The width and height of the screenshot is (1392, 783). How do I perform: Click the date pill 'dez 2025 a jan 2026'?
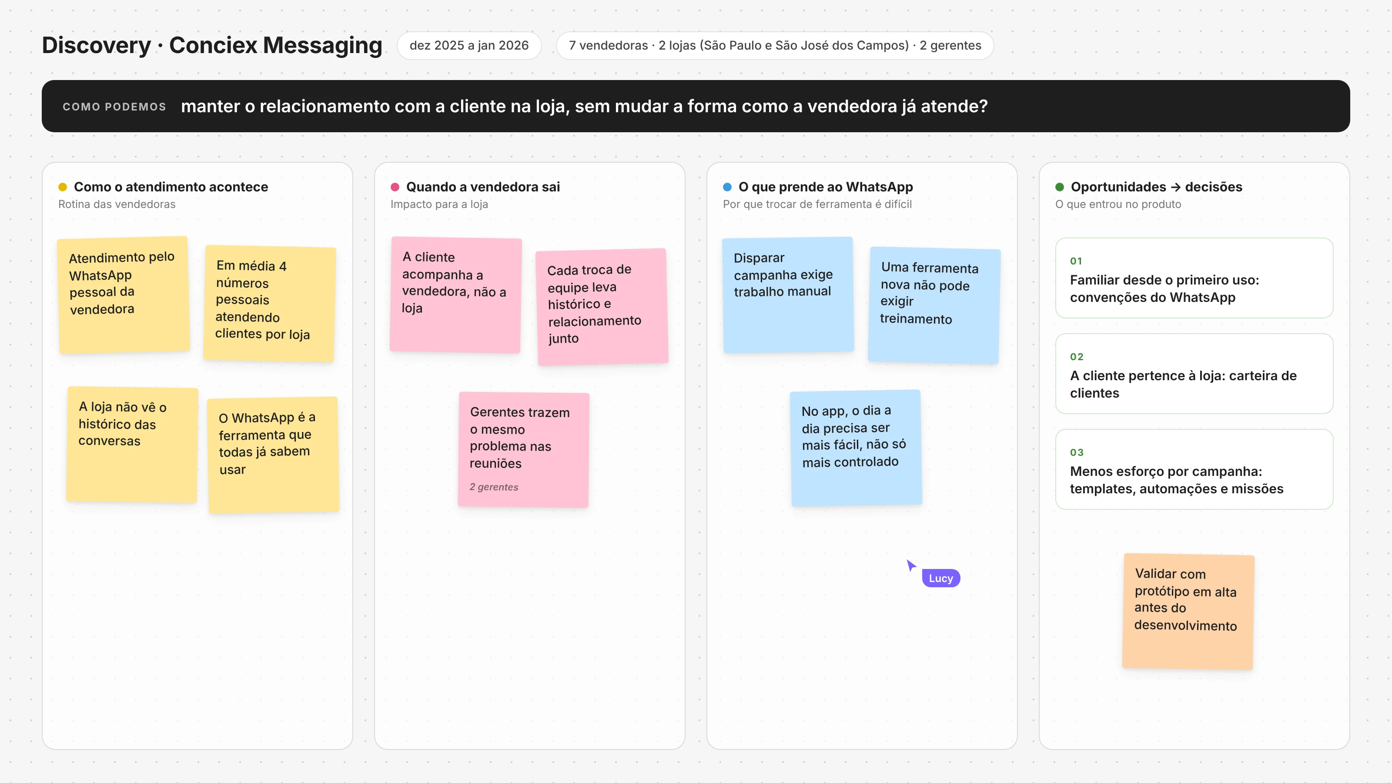[x=469, y=45]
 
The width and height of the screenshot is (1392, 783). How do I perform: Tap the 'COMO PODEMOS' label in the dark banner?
[x=114, y=107]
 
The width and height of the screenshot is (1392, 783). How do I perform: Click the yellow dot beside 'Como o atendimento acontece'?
[x=63, y=187]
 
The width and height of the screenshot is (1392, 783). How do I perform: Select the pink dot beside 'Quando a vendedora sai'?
[x=395, y=187]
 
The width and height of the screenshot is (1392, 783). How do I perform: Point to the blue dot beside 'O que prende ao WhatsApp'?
[x=727, y=187]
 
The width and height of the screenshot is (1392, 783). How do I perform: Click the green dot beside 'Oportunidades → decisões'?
[x=1060, y=187]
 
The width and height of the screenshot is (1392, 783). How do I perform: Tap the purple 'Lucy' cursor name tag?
[x=941, y=578]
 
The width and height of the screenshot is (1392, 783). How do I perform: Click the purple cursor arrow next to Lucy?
[x=910, y=565]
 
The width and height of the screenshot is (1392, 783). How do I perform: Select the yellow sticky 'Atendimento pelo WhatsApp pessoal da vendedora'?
[x=124, y=295]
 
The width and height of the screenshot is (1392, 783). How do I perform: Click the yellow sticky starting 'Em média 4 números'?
[x=270, y=304]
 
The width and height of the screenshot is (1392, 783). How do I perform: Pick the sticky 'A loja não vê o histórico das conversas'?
[x=132, y=445]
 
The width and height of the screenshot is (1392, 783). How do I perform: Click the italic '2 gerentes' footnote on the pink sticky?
[x=494, y=487]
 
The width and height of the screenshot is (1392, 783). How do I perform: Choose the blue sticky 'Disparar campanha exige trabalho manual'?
[x=788, y=295]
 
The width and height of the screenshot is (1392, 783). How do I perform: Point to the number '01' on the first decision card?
[x=1076, y=261]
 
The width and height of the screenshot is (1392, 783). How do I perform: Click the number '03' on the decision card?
[x=1077, y=452]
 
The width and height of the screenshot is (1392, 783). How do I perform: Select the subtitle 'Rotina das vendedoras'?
[x=117, y=204]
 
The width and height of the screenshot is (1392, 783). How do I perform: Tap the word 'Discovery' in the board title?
[x=96, y=45]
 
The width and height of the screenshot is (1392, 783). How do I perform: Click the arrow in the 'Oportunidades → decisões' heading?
[x=1175, y=187]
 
